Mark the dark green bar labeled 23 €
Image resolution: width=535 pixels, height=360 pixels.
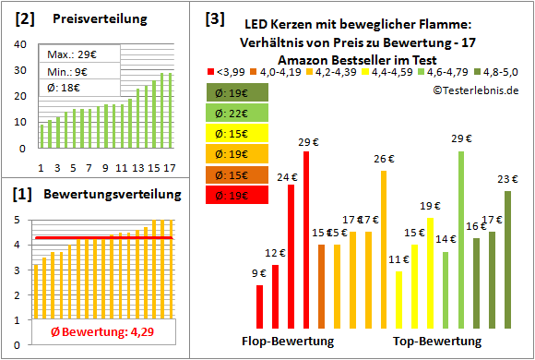507,258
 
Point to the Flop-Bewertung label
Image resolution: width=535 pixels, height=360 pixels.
288,342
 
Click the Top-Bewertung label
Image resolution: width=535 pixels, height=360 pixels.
437,342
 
